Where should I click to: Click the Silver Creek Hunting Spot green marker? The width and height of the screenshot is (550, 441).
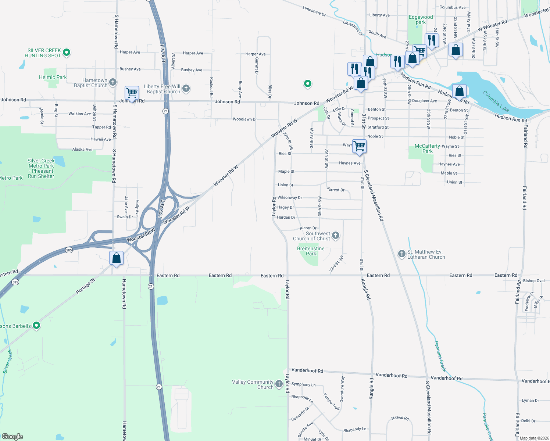click(x=67, y=53)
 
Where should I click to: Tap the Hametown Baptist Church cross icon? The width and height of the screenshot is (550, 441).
click(x=113, y=82)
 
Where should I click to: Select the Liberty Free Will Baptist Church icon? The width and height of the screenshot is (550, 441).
click(x=186, y=88)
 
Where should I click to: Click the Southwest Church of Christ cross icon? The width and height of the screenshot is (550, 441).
click(x=335, y=235)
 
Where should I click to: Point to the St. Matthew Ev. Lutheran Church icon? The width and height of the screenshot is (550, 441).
click(x=402, y=254)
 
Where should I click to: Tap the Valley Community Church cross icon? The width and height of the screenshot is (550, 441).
click(x=279, y=384)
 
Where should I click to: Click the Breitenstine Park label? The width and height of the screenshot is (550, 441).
click(x=311, y=251)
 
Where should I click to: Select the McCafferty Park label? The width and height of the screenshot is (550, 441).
click(x=427, y=148)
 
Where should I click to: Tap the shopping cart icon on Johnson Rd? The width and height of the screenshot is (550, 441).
click(x=131, y=93)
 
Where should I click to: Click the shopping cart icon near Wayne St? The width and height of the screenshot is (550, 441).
click(x=359, y=146)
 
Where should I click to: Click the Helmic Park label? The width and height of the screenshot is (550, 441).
click(x=53, y=77)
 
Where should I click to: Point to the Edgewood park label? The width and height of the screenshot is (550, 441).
click(x=421, y=19)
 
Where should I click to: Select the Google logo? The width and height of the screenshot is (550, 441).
click(x=12, y=436)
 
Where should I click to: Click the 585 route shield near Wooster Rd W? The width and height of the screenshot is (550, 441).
click(x=69, y=250)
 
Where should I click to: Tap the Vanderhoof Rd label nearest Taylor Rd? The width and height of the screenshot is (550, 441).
click(x=307, y=370)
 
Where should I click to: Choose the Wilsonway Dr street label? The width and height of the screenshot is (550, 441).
click(x=290, y=197)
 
